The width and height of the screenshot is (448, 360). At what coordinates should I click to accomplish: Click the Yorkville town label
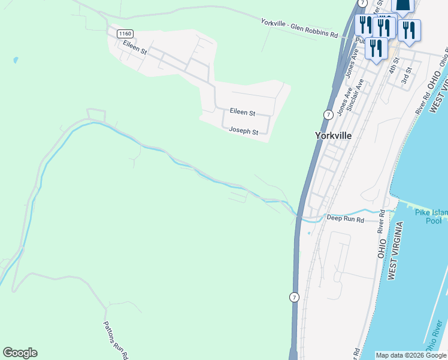pos(333,136)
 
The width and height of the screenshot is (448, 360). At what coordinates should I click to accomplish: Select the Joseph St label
pos(243,131)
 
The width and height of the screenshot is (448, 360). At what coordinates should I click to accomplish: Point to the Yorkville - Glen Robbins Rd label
pos(299,29)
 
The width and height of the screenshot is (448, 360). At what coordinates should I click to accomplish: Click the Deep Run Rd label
pos(346,220)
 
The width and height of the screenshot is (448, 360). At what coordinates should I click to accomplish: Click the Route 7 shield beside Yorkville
pos(328,115)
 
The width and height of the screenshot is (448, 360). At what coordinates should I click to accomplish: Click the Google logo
pos(20,353)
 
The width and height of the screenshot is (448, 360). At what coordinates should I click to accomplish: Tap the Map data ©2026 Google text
pos(411,355)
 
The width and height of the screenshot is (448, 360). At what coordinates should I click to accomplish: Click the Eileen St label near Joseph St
pos(243,112)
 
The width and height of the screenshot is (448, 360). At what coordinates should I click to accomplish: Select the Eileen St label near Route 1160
pos(135,47)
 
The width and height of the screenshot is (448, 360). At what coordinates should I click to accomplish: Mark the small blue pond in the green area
pos(15,60)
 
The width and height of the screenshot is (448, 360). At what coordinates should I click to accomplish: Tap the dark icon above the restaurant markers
pos(403,6)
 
